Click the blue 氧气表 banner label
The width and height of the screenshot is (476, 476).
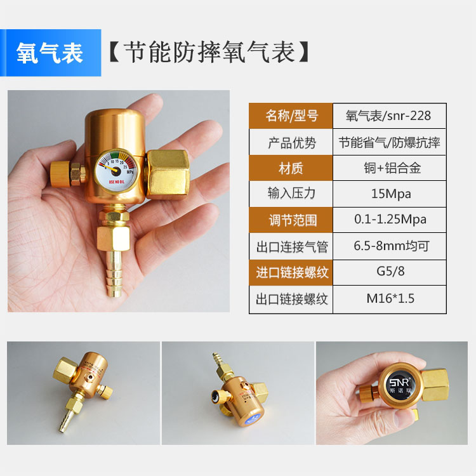pos(51,53)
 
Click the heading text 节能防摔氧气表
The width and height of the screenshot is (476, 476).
pos(209,53)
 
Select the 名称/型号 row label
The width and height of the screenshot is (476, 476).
pos(291,116)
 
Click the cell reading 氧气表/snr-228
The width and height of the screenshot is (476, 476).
pos(389,116)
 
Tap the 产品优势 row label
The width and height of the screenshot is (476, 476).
pos(291,142)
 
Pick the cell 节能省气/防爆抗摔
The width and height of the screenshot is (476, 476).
pos(389,142)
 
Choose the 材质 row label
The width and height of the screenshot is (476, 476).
pos(291,168)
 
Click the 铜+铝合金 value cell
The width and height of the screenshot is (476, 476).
pos(389,168)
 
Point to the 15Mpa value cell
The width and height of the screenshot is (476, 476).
pos(389,194)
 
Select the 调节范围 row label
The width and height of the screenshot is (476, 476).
pos(291,220)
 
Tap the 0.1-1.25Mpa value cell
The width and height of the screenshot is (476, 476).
pos(389,220)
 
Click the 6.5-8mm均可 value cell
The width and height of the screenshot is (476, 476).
pos(389,246)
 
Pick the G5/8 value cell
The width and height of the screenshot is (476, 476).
pos(389,272)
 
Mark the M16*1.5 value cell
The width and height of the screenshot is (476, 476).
pos(389,298)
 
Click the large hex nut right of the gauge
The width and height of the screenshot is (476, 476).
pos(167,173)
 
